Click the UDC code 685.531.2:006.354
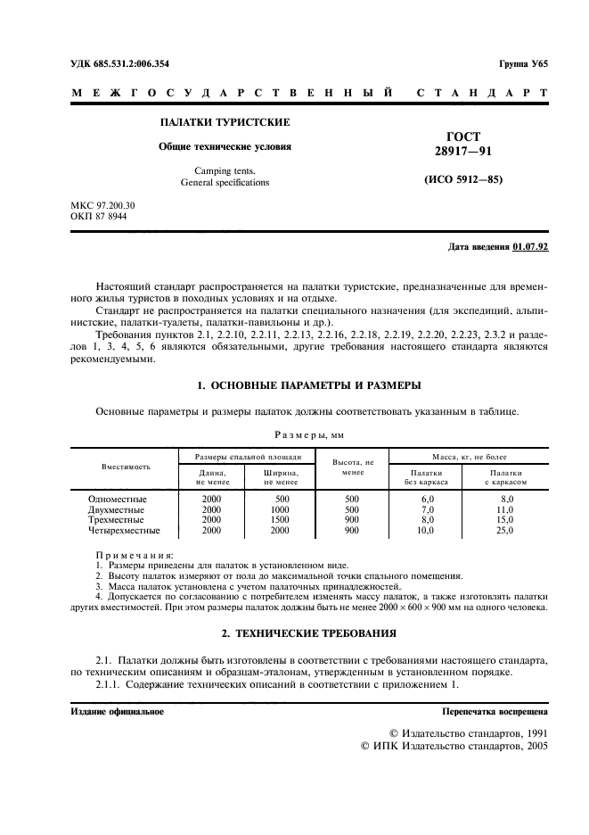(x=131, y=63)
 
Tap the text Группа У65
(x=524, y=63)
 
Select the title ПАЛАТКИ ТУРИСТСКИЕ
(x=224, y=122)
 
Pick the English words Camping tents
(x=224, y=169)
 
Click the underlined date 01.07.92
(x=530, y=247)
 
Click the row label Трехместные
(x=118, y=519)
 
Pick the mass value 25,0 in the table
(x=504, y=530)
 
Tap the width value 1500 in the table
(x=282, y=519)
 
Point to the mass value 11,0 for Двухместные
(x=504, y=509)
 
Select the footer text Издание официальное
(x=117, y=712)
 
